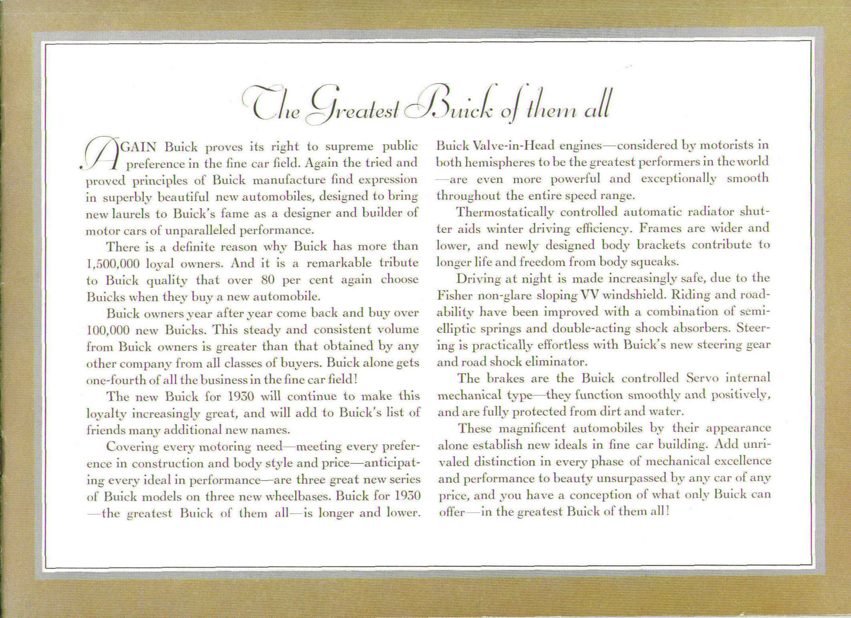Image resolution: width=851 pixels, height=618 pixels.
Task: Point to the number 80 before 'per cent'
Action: tap(267, 280)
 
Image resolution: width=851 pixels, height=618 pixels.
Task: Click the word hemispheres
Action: tap(493, 162)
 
